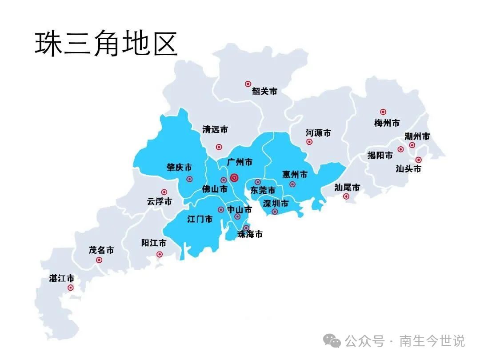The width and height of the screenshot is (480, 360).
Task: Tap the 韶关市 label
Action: [264, 91]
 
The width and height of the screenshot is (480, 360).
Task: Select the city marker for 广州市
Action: [234, 178]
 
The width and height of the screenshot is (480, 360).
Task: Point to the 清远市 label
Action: [215, 129]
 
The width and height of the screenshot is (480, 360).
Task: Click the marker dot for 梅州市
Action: [383, 112]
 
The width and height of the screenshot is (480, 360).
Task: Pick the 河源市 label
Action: [318, 133]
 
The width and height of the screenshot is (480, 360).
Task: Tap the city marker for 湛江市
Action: [71, 288]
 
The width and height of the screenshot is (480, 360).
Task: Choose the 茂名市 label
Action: [101, 250]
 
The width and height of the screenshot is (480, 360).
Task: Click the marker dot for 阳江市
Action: [160, 254]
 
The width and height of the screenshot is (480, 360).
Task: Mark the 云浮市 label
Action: [159, 201]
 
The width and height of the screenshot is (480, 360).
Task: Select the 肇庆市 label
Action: [179, 168]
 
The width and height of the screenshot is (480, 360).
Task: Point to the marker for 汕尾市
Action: [346, 196]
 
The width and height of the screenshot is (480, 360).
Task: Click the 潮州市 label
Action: [417, 136]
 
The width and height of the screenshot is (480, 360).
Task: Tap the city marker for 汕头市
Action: [418, 160]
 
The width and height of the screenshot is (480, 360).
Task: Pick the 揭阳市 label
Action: [380, 156]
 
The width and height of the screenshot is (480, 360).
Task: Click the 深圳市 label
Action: [276, 204]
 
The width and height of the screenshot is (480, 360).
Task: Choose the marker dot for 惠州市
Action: [292, 184]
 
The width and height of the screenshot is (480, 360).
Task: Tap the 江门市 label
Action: [200, 219]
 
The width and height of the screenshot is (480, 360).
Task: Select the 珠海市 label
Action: [250, 234]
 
